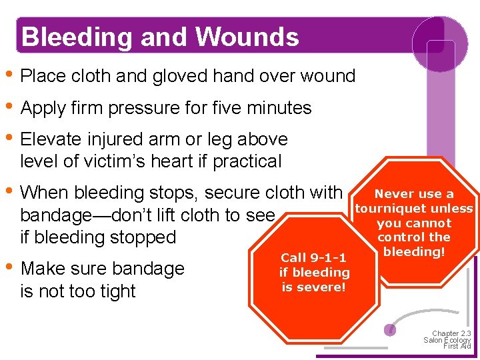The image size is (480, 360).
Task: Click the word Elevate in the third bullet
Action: click(x=51, y=139)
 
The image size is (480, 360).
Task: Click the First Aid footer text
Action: click(x=457, y=347)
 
